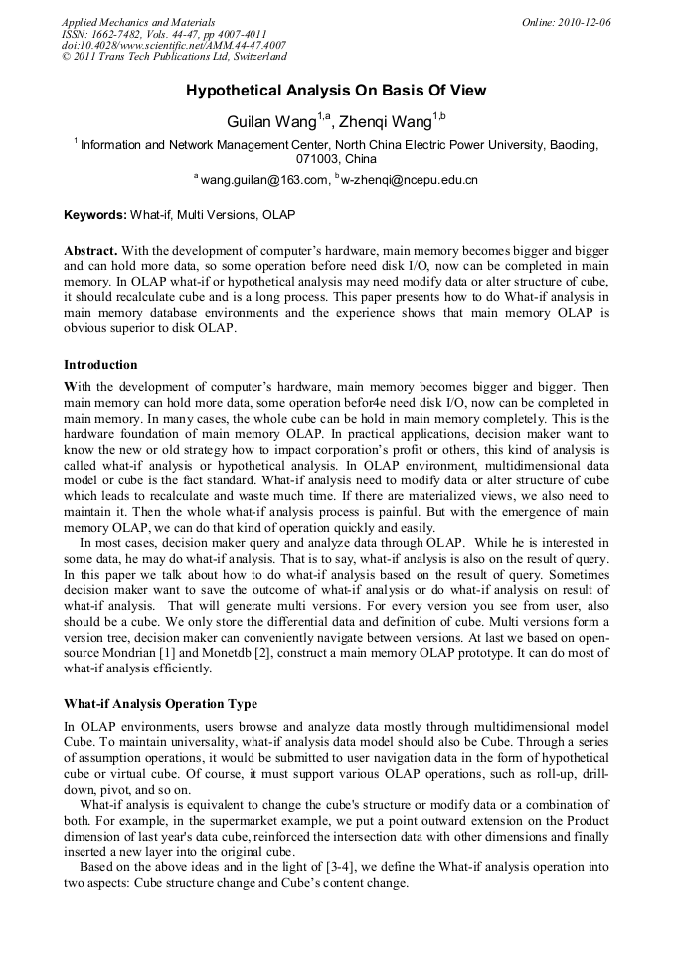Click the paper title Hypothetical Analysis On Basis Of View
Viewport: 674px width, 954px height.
tap(336, 91)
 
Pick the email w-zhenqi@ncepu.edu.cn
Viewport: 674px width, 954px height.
tap(409, 180)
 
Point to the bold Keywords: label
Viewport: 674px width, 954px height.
tap(95, 215)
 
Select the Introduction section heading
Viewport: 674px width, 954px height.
tap(100, 365)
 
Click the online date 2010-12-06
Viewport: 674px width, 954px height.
tap(587, 22)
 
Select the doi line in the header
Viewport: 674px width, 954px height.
tap(173, 46)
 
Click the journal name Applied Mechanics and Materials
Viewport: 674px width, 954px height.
tap(137, 22)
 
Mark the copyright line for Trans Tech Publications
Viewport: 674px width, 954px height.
tap(174, 57)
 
